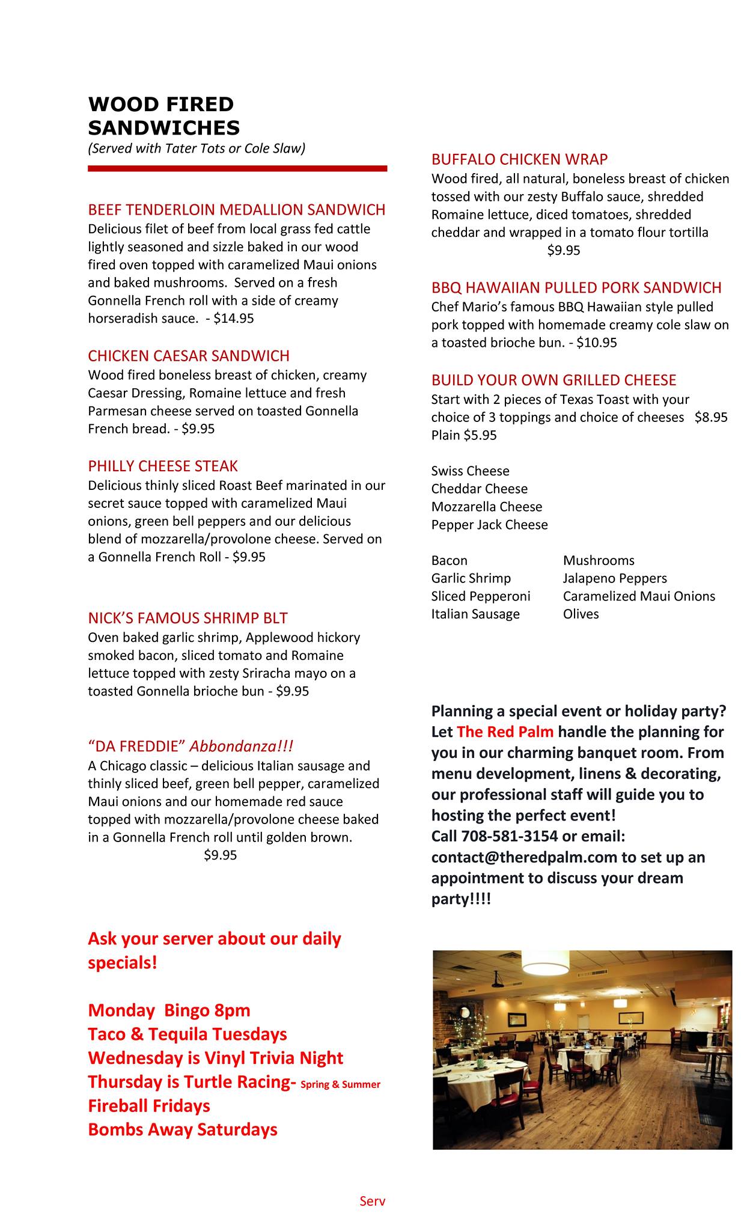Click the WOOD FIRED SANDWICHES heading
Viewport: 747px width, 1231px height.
tap(163, 116)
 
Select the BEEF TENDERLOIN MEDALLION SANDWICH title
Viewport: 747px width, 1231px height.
tap(237, 210)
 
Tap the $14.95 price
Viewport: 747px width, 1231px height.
tap(234, 319)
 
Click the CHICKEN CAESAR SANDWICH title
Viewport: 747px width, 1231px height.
tap(189, 356)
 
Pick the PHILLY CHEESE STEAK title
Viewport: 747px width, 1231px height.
tap(163, 466)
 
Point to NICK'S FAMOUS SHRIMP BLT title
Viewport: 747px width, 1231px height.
tap(188, 619)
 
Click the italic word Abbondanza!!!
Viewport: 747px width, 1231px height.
tap(242, 747)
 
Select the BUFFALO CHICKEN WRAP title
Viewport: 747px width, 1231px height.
tap(519, 159)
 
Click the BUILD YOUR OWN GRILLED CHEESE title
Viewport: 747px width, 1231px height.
tap(553, 380)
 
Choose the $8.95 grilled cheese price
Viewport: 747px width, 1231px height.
tap(711, 418)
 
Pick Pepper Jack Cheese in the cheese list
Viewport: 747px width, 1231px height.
tap(489, 525)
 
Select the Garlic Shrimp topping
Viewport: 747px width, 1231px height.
tap(471, 579)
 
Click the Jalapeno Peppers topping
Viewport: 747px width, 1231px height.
tap(615, 579)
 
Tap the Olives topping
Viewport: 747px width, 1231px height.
tap(581, 614)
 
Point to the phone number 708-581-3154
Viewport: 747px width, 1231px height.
tap(509, 837)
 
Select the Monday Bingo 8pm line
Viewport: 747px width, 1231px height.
tap(169, 1010)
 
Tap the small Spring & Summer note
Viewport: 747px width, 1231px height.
tap(340, 1085)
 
